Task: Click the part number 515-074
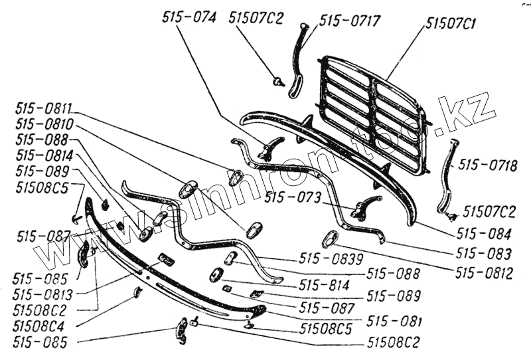click(x=189, y=19)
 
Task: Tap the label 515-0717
click(x=350, y=21)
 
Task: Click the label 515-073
click(x=292, y=197)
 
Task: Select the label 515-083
click(x=484, y=254)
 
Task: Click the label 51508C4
click(x=41, y=326)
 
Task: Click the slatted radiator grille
click(x=372, y=113)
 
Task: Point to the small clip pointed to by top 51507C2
click(x=278, y=82)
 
